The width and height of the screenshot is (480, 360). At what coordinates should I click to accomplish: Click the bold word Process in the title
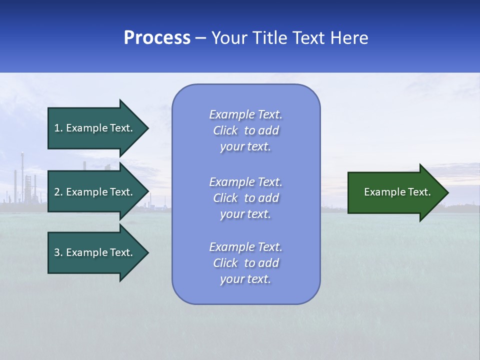point(157,38)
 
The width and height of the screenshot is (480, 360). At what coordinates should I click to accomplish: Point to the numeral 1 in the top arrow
point(57,128)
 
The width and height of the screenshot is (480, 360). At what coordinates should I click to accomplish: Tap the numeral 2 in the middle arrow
point(57,192)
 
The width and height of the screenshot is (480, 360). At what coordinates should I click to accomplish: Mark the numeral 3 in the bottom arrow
point(57,252)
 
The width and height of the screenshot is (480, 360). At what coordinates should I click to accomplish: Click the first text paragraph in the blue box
point(246,130)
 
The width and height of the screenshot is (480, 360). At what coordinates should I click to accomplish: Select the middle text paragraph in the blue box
point(246,198)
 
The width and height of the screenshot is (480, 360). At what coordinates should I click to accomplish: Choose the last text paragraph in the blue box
point(246,263)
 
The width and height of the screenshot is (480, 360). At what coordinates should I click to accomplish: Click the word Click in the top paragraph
point(225,130)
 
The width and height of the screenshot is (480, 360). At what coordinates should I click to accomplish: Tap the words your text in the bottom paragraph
point(245,279)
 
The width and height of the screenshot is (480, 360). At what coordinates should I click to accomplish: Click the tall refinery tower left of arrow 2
point(22,175)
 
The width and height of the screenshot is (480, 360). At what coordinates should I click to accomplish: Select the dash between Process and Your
point(201,38)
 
